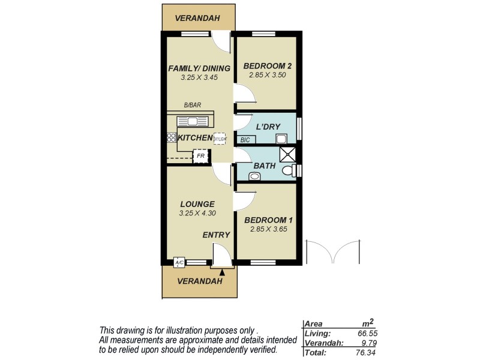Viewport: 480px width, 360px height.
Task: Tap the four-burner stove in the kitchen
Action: pyautogui.click(x=171, y=137)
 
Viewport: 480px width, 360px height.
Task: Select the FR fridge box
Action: pyautogui.click(x=200, y=157)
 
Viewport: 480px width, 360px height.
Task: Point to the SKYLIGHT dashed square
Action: pyautogui.click(x=220, y=138)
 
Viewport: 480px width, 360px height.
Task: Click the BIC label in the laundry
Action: pyautogui.click(x=245, y=140)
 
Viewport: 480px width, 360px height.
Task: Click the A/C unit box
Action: pyautogui.click(x=179, y=262)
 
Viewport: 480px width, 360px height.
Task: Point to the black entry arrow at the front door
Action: pyautogui.click(x=222, y=272)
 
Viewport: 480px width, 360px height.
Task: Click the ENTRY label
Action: pyautogui.click(x=216, y=235)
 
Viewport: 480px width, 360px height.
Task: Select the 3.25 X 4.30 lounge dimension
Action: pyautogui.click(x=197, y=213)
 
